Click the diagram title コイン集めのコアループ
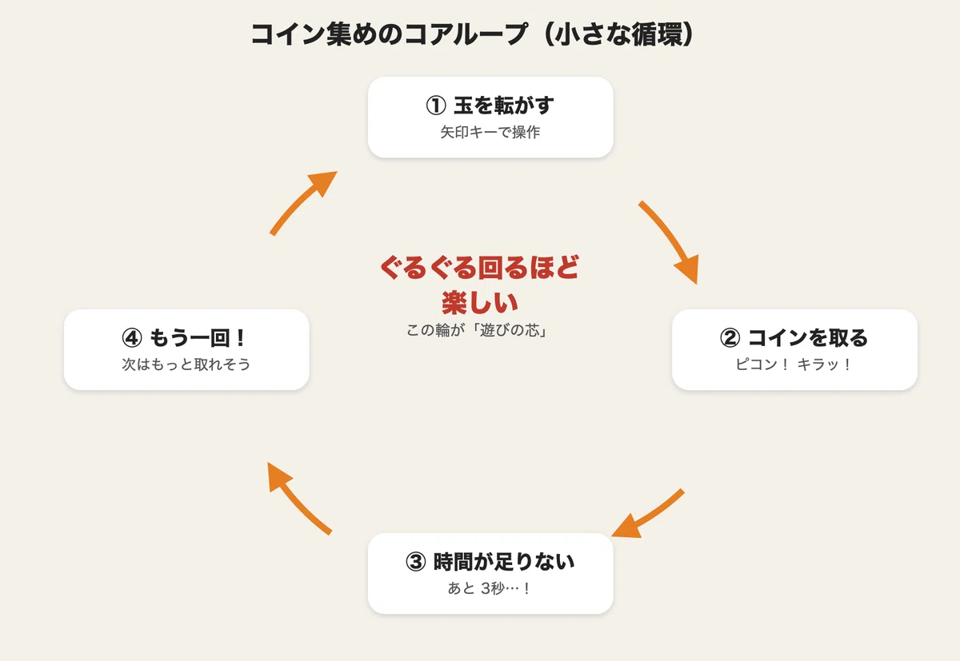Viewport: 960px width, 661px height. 389,34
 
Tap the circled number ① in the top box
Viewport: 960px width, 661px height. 436,106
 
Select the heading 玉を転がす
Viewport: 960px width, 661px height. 503,106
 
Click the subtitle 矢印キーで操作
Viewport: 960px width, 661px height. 490,133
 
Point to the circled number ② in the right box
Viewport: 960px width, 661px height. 730,338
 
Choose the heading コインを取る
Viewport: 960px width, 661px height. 808,338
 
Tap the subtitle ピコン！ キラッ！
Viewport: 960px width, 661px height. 794,364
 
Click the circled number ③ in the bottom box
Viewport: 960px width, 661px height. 416,562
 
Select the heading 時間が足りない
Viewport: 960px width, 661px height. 504,562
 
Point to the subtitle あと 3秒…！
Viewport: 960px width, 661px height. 490,588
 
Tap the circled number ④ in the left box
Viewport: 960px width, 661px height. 132,338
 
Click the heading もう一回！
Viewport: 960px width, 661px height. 198,338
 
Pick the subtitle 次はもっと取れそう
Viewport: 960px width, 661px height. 186,364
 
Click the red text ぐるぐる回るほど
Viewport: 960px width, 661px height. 480,268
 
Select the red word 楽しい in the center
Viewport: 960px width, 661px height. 480,303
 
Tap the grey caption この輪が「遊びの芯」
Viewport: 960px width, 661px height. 477,331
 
